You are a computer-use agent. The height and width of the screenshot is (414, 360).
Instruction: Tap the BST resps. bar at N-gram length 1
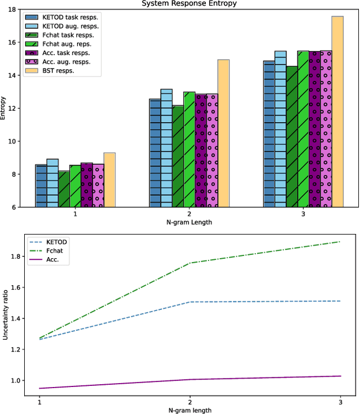click(x=109, y=179)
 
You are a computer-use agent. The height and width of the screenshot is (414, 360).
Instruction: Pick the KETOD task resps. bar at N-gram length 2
click(x=155, y=152)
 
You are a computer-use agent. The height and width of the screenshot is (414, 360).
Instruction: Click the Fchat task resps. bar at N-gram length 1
click(x=64, y=189)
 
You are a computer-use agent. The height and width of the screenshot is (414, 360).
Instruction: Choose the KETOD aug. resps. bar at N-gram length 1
click(x=52, y=183)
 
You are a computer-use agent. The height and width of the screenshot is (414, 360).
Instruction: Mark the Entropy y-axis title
click(x=4, y=108)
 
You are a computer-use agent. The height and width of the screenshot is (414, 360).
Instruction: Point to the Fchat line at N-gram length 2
click(x=189, y=263)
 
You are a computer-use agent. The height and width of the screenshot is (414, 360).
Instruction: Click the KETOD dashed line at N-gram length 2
click(x=189, y=302)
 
